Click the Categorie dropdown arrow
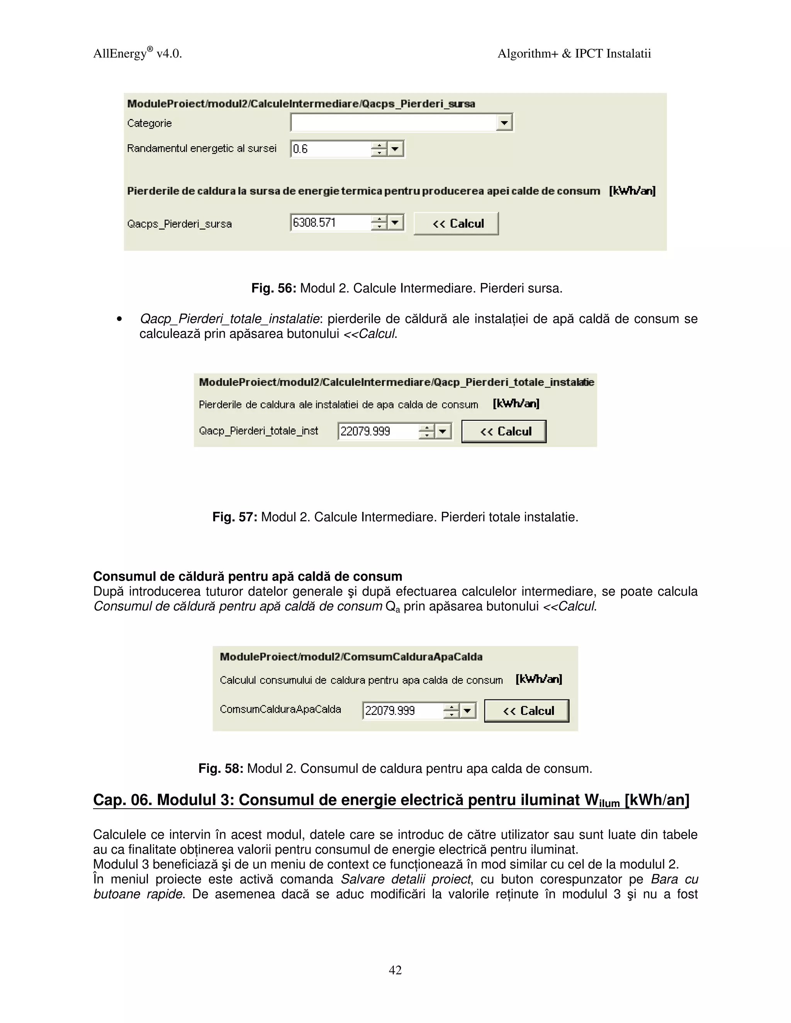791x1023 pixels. click(x=504, y=123)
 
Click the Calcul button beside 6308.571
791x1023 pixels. click(x=456, y=224)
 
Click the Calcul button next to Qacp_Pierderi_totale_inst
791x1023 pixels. click(x=504, y=432)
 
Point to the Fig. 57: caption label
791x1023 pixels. click(x=234, y=517)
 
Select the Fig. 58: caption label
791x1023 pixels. click(x=221, y=769)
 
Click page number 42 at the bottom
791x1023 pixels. click(x=395, y=970)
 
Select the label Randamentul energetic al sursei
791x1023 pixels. click(x=202, y=149)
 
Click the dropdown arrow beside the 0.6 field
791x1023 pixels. click(x=396, y=149)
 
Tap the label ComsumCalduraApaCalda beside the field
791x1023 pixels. click(x=280, y=709)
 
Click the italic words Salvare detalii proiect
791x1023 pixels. click(x=405, y=879)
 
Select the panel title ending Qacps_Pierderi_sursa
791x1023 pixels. click(x=301, y=103)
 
